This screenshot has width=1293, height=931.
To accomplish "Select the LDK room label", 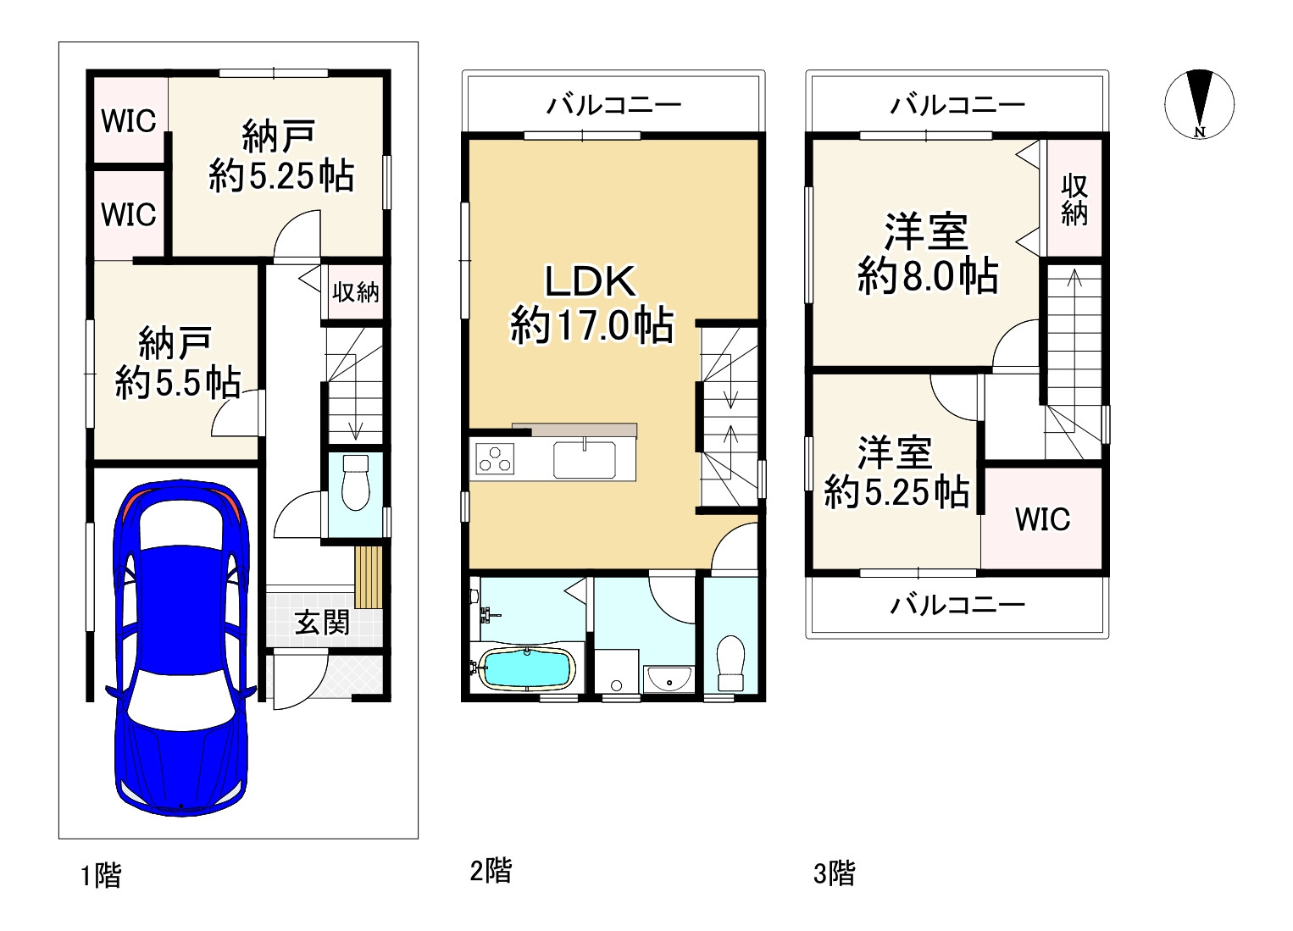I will point(591,303).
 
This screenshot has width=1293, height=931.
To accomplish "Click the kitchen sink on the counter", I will point(584,460).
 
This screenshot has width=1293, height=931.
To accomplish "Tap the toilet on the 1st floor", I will point(356,482).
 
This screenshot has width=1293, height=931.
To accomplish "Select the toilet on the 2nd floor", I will point(730,664).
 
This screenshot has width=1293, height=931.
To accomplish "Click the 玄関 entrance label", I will point(322,623).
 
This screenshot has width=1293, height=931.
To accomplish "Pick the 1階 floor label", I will point(101,875).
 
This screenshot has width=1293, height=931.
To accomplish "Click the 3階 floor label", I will point(834,873).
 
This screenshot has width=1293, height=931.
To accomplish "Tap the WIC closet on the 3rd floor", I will point(1042,518).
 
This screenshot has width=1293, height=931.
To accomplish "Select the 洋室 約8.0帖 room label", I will point(927,254).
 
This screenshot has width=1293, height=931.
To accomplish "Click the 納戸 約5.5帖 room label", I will point(176,363).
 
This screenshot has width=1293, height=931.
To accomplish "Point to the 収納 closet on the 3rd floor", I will point(1074,199).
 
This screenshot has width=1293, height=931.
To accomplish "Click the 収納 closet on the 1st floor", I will point(355,293).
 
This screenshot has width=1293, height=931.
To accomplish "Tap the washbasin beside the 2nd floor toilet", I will point(668,679).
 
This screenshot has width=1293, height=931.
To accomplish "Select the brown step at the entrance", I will point(368,577).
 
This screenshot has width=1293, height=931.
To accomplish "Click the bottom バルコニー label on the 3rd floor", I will point(957,605).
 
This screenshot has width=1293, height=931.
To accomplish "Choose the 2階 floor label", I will point(491,871).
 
